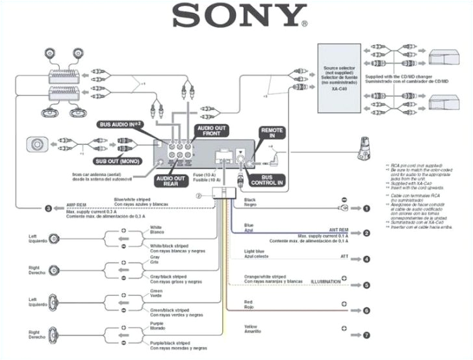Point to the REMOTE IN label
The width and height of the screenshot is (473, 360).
(x=272, y=135)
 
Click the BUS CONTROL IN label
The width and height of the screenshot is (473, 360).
(x=272, y=180)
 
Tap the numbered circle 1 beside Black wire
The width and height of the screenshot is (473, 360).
(x=366, y=209)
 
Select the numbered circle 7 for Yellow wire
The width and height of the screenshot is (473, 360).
(x=366, y=335)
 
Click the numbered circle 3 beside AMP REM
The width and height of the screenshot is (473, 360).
(x=47, y=209)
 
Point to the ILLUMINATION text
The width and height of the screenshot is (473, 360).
(x=326, y=281)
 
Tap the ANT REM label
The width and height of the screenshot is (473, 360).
(x=339, y=229)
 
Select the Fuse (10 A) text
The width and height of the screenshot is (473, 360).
(x=207, y=174)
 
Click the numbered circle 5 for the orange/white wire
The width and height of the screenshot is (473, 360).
(x=366, y=285)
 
